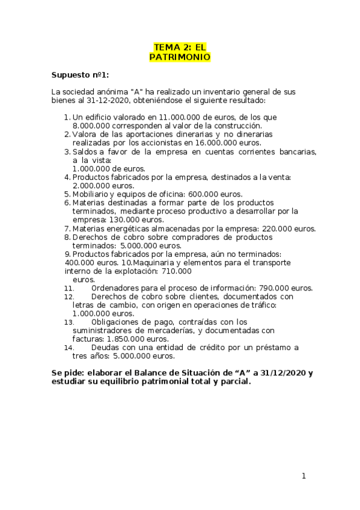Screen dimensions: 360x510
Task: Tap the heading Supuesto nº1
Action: (x=80, y=75)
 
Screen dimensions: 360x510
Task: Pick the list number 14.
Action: (x=69, y=348)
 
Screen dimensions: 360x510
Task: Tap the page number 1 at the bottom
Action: (x=304, y=476)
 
